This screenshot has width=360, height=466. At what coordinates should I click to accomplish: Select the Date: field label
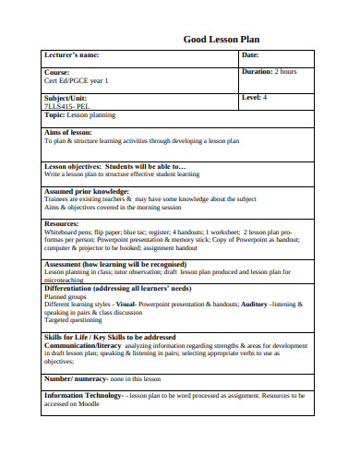[251, 56]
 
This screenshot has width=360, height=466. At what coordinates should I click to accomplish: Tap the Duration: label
[258, 72]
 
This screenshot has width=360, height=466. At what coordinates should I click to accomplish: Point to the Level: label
[252, 97]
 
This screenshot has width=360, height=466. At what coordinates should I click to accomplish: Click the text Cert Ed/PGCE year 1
[77, 81]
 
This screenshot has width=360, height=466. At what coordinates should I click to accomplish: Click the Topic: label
[54, 115]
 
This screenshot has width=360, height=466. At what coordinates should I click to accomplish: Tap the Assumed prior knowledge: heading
[88, 191]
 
